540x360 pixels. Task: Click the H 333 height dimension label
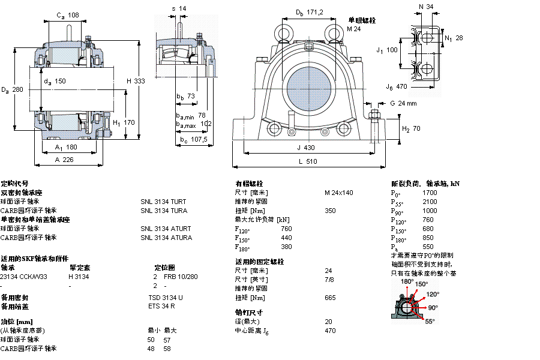tap(136, 82)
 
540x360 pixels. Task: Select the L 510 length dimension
tap(307, 161)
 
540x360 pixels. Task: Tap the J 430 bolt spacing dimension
tap(306, 148)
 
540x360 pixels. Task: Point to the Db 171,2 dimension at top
tap(310, 13)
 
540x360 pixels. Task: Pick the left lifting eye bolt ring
tap(282, 31)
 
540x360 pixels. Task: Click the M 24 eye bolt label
tap(354, 29)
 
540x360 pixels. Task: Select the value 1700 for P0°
tap(430, 193)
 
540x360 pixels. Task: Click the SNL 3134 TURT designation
tap(164, 202)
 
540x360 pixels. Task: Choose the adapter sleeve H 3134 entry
tap(79, 277)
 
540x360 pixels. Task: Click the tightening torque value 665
tap(330, 298)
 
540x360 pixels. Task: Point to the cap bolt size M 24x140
tap(339, 193)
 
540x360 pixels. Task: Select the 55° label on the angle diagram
tap(430, 322)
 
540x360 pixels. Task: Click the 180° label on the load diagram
tap(407, 281)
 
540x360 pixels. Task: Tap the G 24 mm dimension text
tap(403, 104)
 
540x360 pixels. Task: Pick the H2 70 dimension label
tap(411, 128)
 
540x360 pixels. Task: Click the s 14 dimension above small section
tap(179, 8)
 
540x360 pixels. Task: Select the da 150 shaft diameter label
tap(55, 82)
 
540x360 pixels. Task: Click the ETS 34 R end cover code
tap(161, 307)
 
